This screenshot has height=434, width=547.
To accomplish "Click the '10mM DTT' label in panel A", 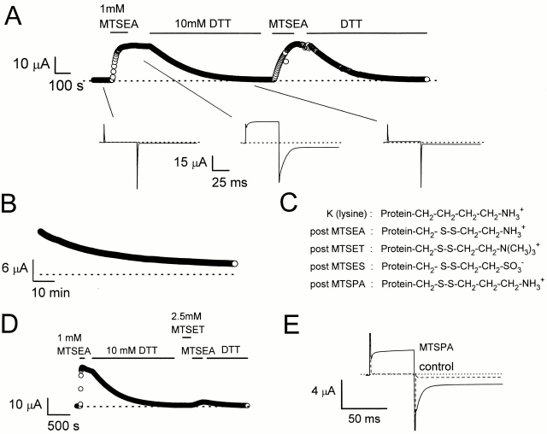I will click(x=203, y=26).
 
